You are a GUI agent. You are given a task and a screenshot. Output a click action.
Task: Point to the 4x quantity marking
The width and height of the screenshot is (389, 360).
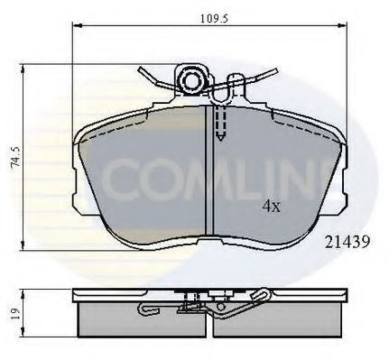click(x=270, y=205)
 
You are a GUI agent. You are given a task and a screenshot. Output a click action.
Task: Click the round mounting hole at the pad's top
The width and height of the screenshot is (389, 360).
click(x=192, y=83)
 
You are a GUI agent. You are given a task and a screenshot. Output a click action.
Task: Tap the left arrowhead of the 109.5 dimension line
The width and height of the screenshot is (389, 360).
click(x=74, y=30)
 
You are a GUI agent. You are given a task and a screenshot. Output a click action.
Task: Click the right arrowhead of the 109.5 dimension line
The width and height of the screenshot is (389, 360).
click(x=344, y=30)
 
